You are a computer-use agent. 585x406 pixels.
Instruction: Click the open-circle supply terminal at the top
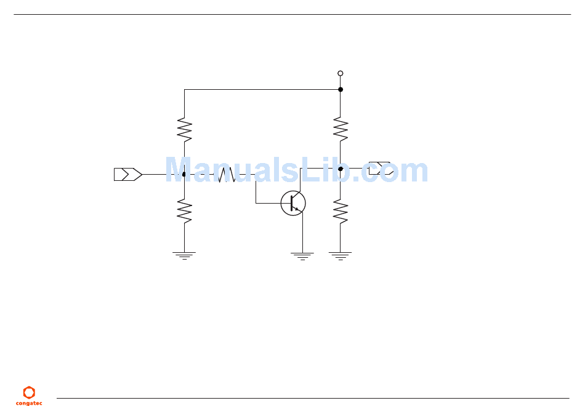(341, 73)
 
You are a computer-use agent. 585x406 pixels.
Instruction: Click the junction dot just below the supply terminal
(341, 89)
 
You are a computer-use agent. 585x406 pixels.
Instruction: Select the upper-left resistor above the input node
(184, 129)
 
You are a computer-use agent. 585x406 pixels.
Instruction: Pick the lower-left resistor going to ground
(184, 211)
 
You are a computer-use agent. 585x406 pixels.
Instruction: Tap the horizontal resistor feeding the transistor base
(227, 175)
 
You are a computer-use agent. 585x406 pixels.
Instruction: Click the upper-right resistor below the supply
(341, 129)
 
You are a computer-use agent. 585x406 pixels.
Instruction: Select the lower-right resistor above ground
(341, 211)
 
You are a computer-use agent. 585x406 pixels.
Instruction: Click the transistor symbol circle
(293, 204)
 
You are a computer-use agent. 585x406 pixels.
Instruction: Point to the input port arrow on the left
(128, 175)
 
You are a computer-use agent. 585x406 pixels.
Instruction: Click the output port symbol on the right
(379, 169)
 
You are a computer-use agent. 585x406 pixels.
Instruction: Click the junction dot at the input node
(184, 175)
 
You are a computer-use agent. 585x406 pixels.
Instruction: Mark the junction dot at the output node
(341, 169)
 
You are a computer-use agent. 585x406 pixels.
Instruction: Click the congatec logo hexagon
(29, 392)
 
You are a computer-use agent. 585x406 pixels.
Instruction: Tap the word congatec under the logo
(29, 404)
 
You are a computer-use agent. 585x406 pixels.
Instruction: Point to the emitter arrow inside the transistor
(297, 209)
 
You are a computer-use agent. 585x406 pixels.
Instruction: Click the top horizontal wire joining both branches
(262, 89)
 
